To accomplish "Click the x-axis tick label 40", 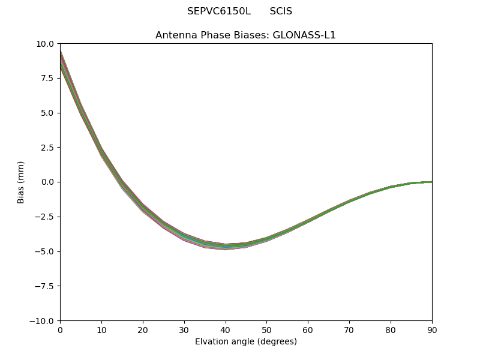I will pos(225,329).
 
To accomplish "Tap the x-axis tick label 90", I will pos(432,329).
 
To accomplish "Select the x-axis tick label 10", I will pos(101,329).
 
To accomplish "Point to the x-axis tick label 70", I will pos(349,329).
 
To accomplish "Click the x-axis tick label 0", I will pos(60,329).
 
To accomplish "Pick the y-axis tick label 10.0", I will pos(46,44).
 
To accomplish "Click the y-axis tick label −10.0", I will pos(43,320).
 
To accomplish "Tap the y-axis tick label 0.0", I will pos(48,182).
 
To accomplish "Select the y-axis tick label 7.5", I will pos(48,78).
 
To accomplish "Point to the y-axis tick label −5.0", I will pos(46,251).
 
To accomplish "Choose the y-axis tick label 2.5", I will pos(48,148).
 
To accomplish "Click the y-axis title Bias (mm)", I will pos(21,182).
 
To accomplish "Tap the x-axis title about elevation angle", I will pos(246,341).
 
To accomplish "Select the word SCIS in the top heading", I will pos(281,11).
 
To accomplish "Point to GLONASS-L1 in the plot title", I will pos(304,35).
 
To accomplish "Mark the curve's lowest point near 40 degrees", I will pos(225,247).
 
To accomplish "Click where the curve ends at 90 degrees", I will pos(431,182).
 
